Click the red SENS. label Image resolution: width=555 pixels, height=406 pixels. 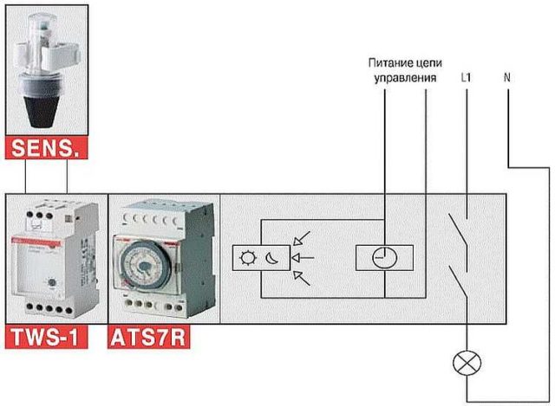coord(46,148)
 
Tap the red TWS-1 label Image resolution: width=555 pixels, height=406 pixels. coord(46,337)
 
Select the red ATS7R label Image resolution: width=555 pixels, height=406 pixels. coord(148,337)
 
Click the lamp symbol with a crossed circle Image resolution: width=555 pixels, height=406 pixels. coord(467,364)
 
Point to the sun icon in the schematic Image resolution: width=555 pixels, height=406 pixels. coord(248,258)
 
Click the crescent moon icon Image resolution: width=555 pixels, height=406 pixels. coord(272,258)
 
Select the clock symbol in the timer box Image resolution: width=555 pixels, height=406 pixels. coord(385,258)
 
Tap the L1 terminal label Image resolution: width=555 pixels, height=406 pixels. coord(467,77)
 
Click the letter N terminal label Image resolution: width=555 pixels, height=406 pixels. coord(506,77)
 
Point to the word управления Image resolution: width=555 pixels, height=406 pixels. coord(406,78)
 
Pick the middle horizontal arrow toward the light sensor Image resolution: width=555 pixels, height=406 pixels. coord(303,258)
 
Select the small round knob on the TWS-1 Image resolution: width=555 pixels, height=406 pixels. coord(52,283)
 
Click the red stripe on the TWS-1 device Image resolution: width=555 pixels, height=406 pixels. coord(36,242)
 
